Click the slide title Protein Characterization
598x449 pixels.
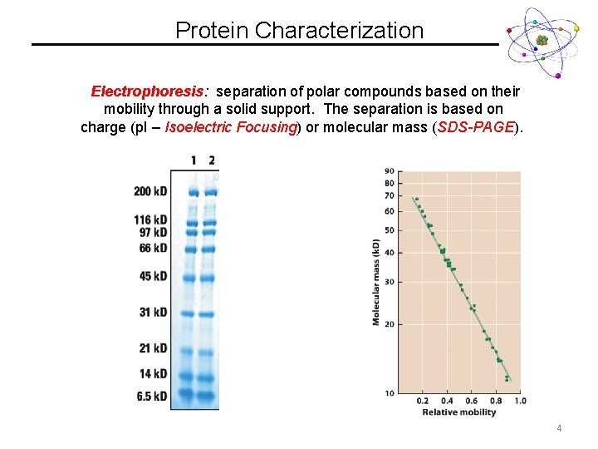[299, 31]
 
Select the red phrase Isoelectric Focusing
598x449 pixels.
[231, 127]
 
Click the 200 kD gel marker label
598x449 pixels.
[150, 191]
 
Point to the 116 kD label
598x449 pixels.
[150, 220]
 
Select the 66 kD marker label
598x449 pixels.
[153, 248]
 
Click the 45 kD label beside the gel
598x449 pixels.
[153, 276]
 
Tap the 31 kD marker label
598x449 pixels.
[153, 312]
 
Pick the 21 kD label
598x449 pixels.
[153, 348]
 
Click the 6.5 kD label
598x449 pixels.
[151, 396]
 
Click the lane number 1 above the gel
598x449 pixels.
[194, 160]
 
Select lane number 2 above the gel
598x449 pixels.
[212, 160]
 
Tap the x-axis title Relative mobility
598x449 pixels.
[459, 412]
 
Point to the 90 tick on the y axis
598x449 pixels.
[390, 172]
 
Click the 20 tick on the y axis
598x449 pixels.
[390, 324]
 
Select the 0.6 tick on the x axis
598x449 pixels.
[471, 402]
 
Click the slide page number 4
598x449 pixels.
[559, 429]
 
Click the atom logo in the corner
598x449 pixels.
[541, 41]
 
